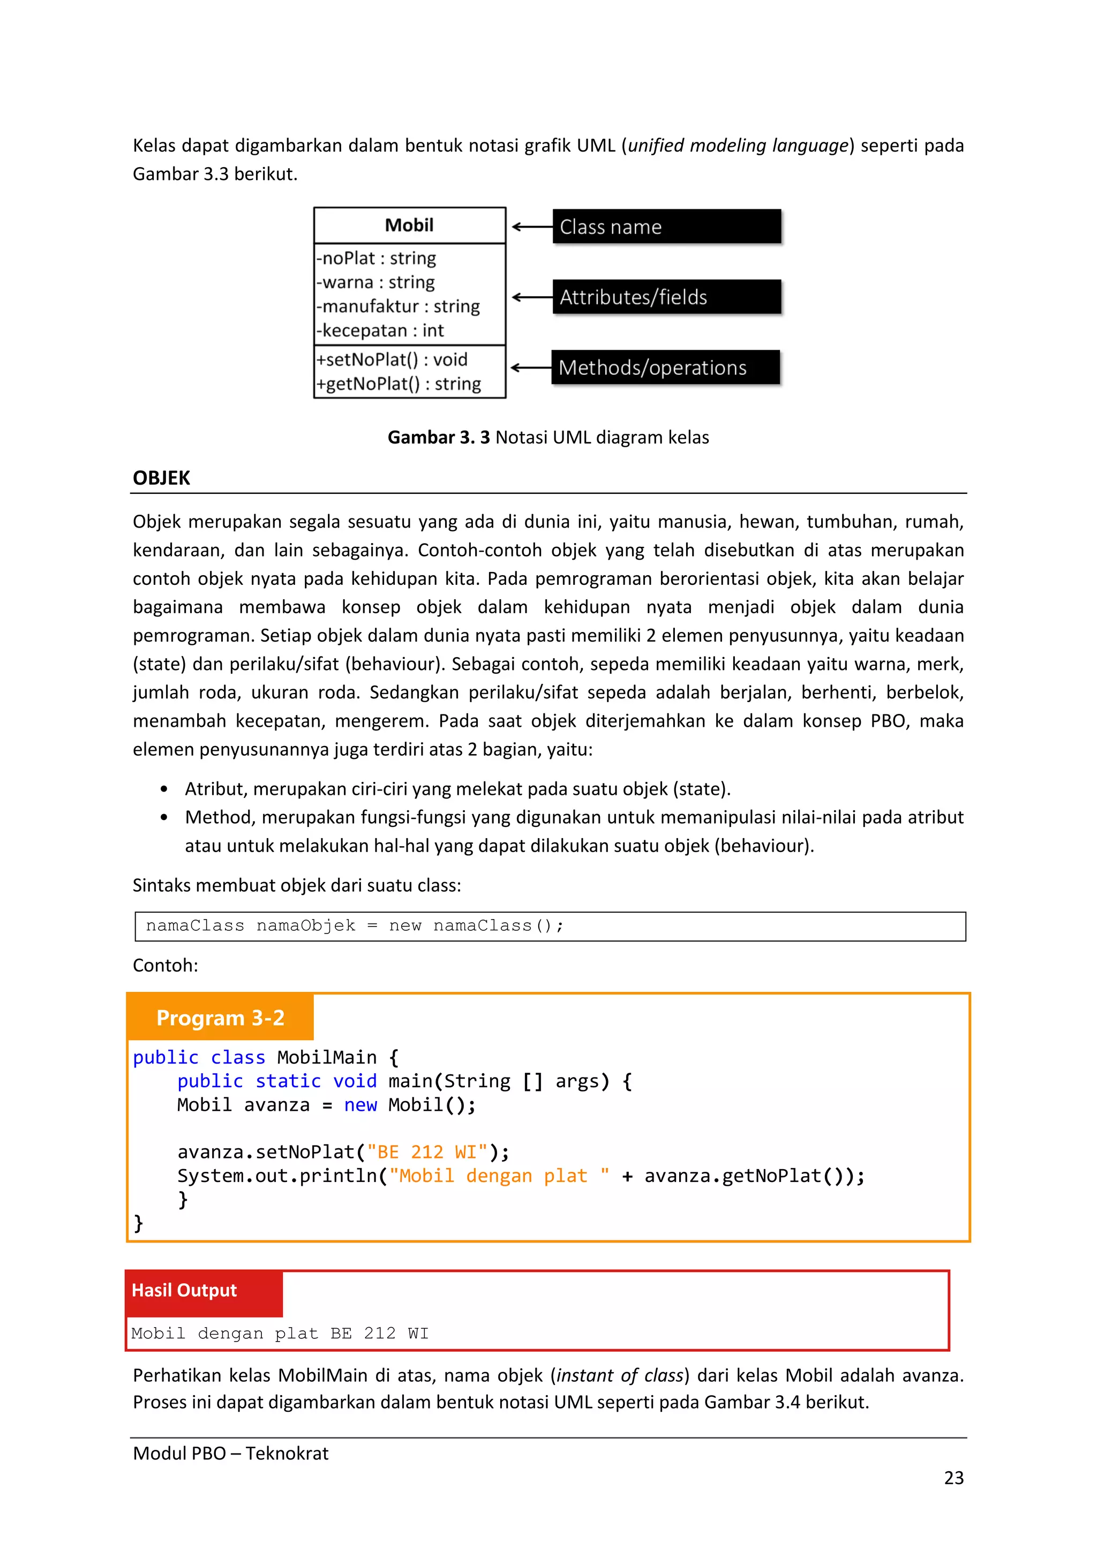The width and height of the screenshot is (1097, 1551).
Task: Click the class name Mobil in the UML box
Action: [409, 225]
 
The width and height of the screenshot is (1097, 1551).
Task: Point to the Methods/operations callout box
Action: [665, 367]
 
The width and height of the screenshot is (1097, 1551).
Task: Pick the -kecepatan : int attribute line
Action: [380, 330]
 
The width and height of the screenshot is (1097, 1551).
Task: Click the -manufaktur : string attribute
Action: [398, 306]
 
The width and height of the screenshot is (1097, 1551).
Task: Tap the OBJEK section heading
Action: [161, 478]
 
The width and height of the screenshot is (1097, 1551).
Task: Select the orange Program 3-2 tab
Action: [220, 1018]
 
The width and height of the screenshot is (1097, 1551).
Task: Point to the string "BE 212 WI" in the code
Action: [427, 1152]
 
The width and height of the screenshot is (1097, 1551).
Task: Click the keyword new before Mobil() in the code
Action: [360, 1105]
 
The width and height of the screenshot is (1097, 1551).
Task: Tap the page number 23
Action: [953, 1478]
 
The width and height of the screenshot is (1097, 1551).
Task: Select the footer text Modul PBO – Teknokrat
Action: [230, 1453]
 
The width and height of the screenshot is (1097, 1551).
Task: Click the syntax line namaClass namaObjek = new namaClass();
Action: [355, 925]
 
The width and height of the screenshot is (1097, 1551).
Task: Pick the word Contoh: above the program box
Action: [166, 965]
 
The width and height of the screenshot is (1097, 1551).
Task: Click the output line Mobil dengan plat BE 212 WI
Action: [280, 1333]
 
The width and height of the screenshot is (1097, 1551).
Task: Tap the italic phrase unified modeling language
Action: [738, 145]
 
